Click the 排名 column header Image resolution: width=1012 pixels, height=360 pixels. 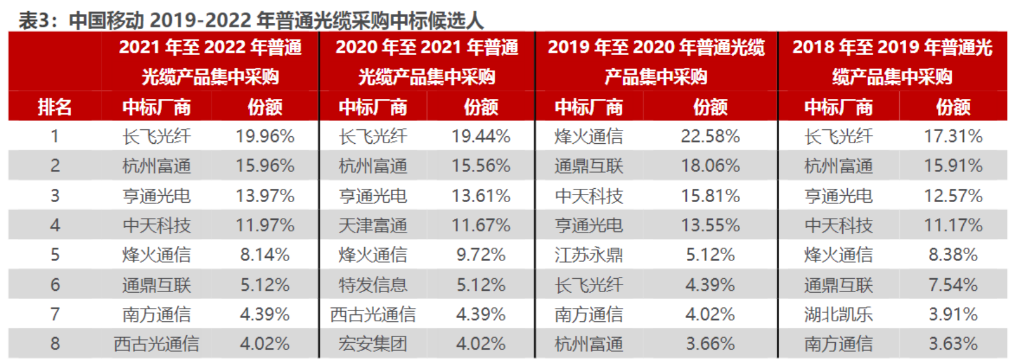pyautogui.click(x=54, y=107)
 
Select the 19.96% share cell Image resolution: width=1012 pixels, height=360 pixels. pyautogui.click(x=265, y=136)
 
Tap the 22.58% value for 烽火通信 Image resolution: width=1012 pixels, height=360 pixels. pyautogui.click(x=710, y=136)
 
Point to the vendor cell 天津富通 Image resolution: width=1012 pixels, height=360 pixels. pyautogui.click(x=373, y=226)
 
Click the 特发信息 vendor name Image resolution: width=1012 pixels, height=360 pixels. pyautogui.click(x=373, y=285)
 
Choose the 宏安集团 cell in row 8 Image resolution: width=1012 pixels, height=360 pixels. pyautogui.click(x=373, y=344)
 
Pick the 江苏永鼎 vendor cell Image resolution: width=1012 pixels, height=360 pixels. pyautogui.click(x=589, y=255)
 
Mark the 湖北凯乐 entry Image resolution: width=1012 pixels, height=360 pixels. pyautogui.click(x=838, y=314)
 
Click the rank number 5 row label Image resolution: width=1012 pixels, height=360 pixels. pyautogui.click(x=55, y=255)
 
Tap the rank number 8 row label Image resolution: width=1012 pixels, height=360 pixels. pyautogui.click(x=55, y=344)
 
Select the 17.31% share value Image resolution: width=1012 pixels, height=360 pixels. pyautogui.click(x=953, y=136)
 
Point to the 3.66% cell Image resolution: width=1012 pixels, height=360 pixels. pyautogui.click(x=710, y=344)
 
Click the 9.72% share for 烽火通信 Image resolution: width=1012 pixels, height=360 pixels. pyautogui.click(x=481, y=255)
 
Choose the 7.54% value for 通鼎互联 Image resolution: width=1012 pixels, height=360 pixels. pyautogui.click(x=953, y=285)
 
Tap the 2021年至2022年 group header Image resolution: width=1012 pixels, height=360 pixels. pyautogui.click(x=210, y=61)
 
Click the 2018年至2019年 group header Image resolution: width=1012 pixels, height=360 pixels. pyautogui.click(x=892, y=61)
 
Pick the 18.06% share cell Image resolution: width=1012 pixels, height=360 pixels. pyautogui.click(x=710, y=166)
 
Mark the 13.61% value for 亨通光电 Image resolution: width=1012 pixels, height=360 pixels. pyautogui.click(x=481, y=196)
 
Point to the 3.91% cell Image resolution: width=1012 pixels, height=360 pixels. pyautogui.click(x=953, y=314)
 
